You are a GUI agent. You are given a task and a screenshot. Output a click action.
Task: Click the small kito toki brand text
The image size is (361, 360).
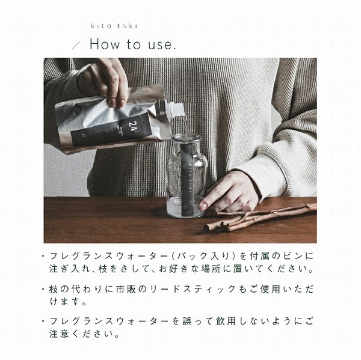[x=114, y=26]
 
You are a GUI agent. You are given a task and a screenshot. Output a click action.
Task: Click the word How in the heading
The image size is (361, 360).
[x=105, y=44]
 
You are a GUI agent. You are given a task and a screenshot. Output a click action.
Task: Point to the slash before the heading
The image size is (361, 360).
[x=76, y=45]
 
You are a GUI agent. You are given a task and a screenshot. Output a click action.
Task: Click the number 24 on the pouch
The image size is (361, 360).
[x=132, y=126]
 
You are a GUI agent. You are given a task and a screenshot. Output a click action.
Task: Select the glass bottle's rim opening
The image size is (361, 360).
[x=187, y=138]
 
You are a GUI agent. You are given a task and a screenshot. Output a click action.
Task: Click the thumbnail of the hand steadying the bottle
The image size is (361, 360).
[x=203, y=205]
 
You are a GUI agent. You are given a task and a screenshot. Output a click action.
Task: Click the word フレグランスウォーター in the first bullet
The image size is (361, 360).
[x=109, y=256]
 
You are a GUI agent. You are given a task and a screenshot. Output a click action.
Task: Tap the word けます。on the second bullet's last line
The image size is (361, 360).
[x=68, y=302]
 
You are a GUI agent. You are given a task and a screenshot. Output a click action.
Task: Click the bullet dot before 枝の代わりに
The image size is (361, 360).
[x=43, y=289]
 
